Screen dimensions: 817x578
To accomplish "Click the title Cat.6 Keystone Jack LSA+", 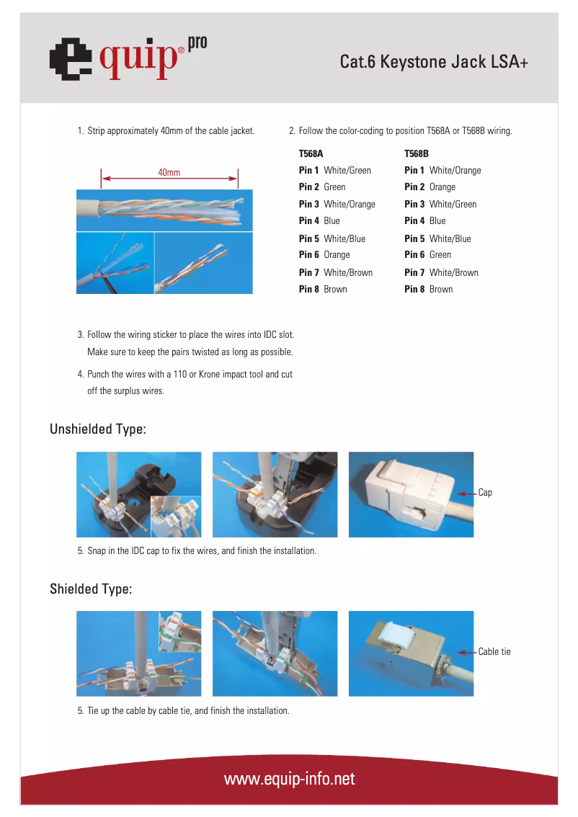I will click(x=434, y=63).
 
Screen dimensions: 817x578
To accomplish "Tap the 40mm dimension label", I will click(x=169, y=173).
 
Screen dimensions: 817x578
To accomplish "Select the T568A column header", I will click(x=311, y=153).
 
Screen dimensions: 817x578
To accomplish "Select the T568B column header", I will click(x=416, y=153).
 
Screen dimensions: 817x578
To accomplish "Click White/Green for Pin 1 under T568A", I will click(x=347, y=171).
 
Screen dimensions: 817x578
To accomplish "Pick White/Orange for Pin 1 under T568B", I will click(x=455, y=171).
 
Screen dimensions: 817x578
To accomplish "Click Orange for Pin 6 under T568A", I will click(x=337, y=255).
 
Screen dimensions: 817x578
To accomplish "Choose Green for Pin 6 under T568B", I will click(x=440, y=255).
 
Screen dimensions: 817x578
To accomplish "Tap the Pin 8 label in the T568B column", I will click(x=414, y=290).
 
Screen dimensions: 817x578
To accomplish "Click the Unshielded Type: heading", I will click(x=98, y=429).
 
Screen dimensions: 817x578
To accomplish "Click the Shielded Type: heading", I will click(x=91, y=589).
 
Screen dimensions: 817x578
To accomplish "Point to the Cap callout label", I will click(x=485, y=493).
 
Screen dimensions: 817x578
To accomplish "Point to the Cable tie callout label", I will click(x=494, y=652).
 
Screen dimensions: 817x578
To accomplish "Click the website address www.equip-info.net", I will click(x=289, y=780).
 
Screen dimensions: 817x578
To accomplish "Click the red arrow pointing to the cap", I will click(x=466, y=494).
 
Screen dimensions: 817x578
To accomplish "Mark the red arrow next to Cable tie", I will click(x=466, y=652).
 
